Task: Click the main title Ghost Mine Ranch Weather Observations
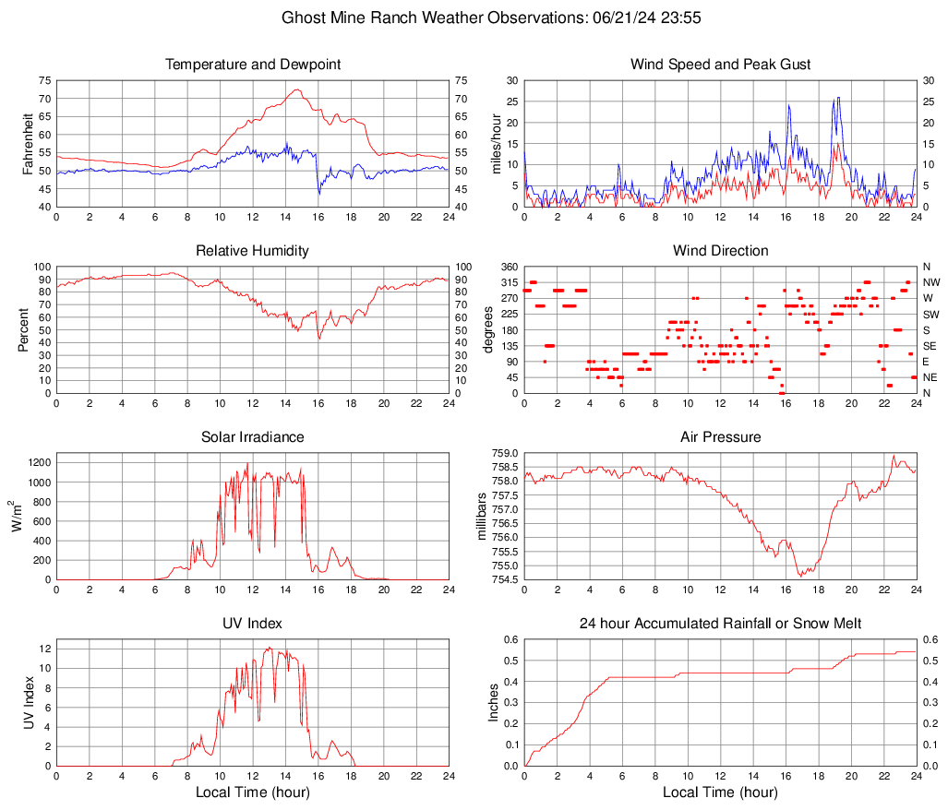coord(474,18)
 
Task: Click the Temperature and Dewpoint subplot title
coord(253,65)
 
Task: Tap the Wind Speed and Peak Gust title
coord(720,65)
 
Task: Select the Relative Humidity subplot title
coord(253,251)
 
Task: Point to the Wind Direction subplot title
coord(720,251)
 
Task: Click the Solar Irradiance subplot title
coord(253,436)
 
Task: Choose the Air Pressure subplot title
coord(720,436)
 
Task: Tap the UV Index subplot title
coord(253,624)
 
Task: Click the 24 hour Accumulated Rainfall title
coord(720,624)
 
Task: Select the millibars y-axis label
coord(481,516)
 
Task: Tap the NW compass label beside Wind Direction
coord(931,282)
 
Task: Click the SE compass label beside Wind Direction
coord(930,346)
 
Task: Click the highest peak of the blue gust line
coord(838,97)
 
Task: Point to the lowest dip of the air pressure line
coord(800,576)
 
